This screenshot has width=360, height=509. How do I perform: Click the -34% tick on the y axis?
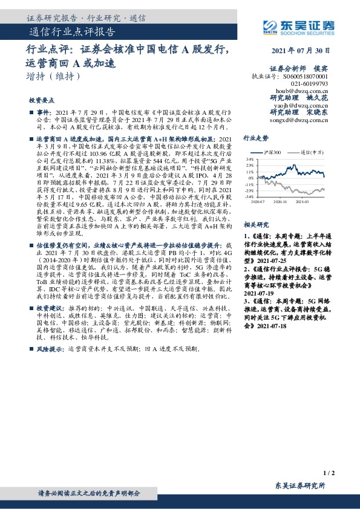(248, 196)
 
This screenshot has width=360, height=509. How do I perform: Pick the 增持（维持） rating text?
(53, 77)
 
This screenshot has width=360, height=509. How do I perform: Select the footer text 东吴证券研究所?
(300, 485)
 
